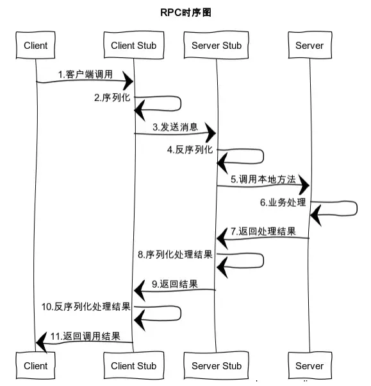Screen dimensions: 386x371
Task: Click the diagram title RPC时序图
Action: [185, 12]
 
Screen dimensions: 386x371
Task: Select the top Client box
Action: [35, 46]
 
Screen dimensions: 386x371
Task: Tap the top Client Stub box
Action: [133, 46]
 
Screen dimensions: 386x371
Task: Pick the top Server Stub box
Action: [217, 46]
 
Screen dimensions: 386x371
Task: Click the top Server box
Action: [309, 46]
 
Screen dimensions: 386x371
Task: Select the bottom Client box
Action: [35, 365]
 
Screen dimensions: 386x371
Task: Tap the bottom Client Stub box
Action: [133, 365]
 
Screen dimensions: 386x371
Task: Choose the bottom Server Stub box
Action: [217, 365]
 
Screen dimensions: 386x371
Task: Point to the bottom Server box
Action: [309, 365]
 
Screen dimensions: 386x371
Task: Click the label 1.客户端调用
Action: [85, 75]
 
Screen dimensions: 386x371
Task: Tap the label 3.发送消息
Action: [175, 127]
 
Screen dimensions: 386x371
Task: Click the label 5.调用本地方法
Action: [263, 179]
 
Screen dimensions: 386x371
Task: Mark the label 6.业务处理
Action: [283, 202]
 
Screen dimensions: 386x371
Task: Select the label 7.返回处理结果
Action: [263, 231]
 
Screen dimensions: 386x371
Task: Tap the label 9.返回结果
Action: [174, 284]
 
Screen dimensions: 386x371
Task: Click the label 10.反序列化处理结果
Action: [86, 307]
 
